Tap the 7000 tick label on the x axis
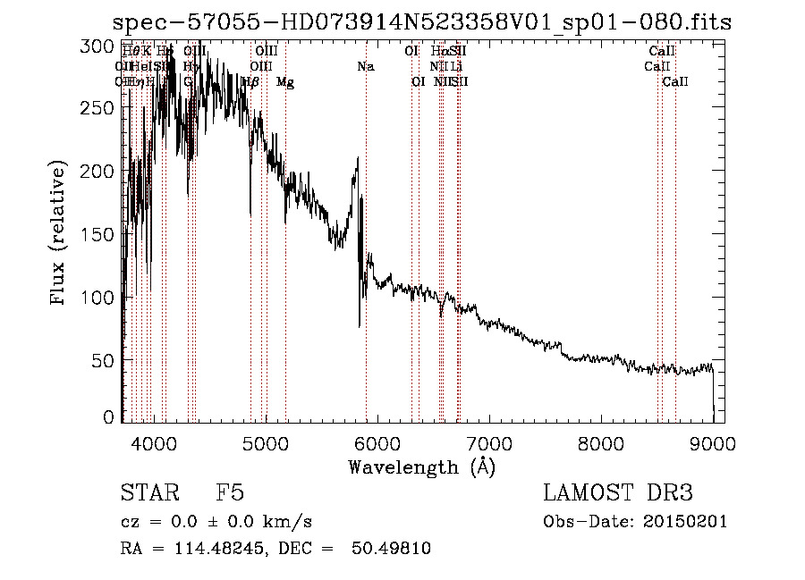(488, 442)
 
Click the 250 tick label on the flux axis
(98, 108)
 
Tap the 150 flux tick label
(98, 234)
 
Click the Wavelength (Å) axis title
(421, 467)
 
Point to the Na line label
(365, 66)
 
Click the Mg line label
(285, 82)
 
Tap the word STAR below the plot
(143, 493)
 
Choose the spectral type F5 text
(230, 493)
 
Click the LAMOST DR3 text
(617, 493)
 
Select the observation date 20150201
(684, 521)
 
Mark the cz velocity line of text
(216, 521)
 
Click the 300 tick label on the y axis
(98, 45)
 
